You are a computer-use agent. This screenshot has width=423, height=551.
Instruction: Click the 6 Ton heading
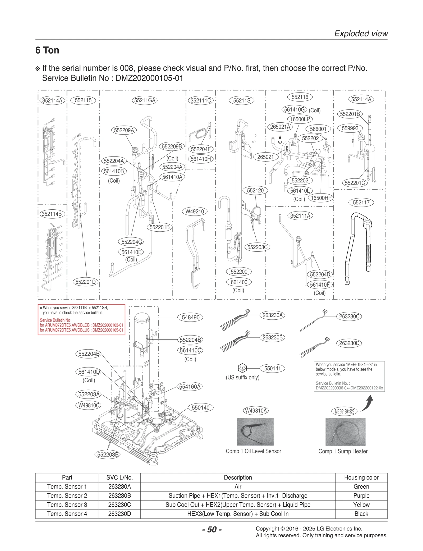pos(47,50)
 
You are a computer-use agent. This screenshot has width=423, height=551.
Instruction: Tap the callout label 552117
pos(361,203)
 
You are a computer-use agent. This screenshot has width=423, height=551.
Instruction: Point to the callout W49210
pos(195,212)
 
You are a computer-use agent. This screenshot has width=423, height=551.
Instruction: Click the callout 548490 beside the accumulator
pos(190,317)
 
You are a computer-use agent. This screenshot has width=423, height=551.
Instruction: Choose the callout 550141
pos(272,368)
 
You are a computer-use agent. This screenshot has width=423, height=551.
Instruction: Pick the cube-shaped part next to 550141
pos(242,368)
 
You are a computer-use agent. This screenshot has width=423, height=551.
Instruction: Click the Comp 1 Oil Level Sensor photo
pos(255,432)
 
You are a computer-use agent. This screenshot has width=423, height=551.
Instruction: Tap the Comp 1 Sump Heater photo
pos(345,432)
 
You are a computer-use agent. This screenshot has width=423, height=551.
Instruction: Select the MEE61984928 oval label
pos(344,411)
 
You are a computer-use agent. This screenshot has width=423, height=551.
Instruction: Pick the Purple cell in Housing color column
pos(361,496)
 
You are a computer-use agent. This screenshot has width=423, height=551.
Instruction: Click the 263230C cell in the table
pos(119,505)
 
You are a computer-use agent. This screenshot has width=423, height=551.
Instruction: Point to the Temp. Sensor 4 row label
pos(67,514)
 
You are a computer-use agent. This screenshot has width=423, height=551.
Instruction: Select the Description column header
pos(238,477)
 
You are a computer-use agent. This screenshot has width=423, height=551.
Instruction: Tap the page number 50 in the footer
pos(212,530)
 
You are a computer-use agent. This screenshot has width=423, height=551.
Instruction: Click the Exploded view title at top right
pos(361,34)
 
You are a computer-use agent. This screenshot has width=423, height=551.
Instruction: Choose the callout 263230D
pos(349,343)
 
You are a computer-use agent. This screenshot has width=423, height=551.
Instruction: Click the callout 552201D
pos(85,282)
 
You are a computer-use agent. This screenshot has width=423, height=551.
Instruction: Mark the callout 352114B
pos(52,214)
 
